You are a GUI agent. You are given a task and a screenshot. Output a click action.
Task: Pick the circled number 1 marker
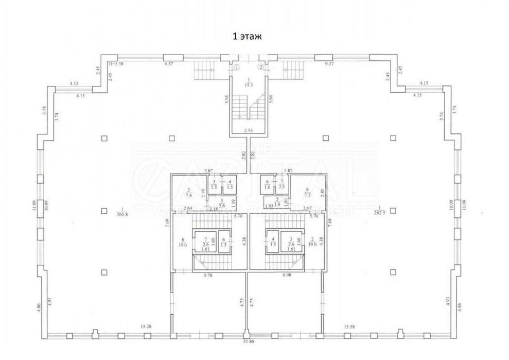[x=237, y=67]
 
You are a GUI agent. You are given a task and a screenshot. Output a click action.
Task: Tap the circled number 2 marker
[x=261, y=67]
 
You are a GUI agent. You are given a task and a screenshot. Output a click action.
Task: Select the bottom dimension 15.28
[x=149, y=327]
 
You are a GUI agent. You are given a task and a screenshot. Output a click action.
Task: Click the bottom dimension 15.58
[x=349, y=327]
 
